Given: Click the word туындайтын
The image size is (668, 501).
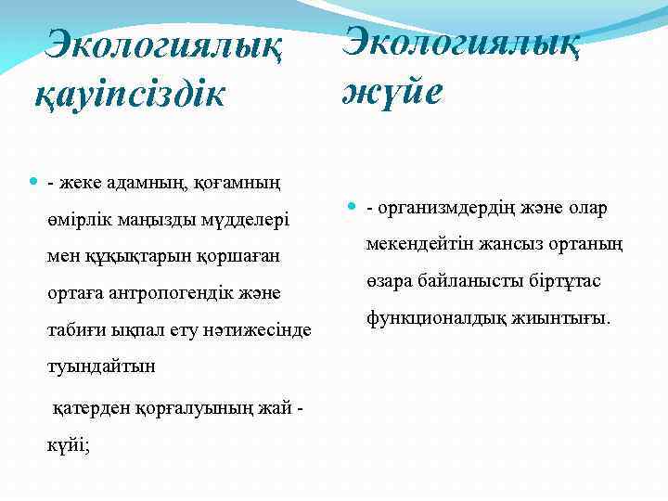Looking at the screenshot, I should (x=101, y=366).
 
